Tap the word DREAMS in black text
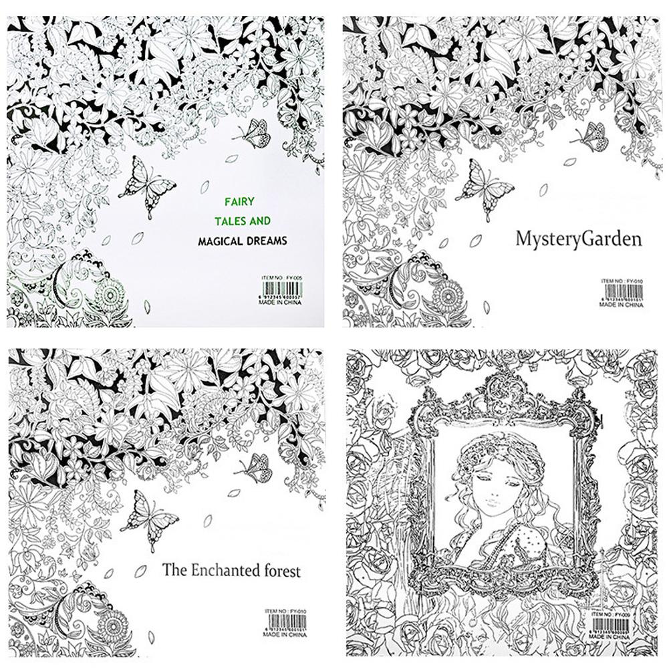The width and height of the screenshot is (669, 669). (263, 240)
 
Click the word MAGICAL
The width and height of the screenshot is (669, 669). (219, 240)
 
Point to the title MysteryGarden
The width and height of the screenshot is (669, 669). (578, 238)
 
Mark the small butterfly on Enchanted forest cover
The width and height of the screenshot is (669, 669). (256, 468)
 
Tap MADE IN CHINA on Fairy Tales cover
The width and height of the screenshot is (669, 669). (280, 301)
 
